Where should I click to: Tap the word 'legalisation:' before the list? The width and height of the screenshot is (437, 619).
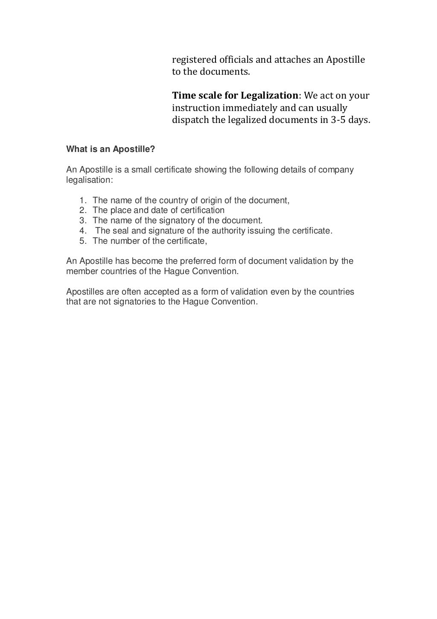[90, 180]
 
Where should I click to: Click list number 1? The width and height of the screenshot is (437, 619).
[83, 200]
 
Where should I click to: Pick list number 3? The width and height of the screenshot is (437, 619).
[83, 221]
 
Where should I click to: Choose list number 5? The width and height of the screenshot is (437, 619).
[83, 241]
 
